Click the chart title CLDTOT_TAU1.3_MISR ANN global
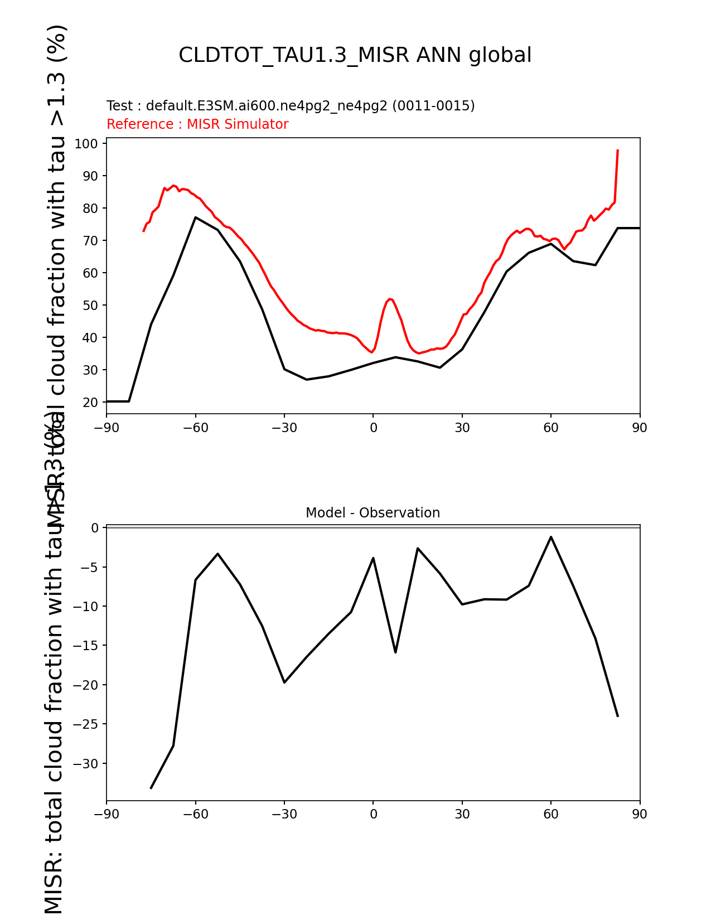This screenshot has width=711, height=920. tap(355, 55)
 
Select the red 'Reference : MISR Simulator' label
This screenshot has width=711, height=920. tap(197, 124)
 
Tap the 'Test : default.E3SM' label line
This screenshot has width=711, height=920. tap(291, 106)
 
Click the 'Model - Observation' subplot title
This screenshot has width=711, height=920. tap(373, 513)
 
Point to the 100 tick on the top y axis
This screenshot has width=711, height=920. tap(86, 144)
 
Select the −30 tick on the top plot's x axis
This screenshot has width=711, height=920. tap(284, 428)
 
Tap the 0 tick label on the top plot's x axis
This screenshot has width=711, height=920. tap(373, 428)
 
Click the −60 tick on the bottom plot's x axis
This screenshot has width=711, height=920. tap(195, 815)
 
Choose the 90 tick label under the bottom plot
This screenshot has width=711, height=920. tap(640, 815)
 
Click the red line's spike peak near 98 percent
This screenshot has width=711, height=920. tap(618, 150)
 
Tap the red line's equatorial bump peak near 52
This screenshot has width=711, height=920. tap(390, 299)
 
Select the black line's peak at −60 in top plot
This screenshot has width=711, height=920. tap(195, 217)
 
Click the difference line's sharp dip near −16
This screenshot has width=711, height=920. tap(395, 652)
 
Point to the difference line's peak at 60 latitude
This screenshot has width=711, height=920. tap(551, 537)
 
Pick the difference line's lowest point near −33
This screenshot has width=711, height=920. tap(151, 788)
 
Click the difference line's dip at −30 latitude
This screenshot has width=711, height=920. tap(284, 682)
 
